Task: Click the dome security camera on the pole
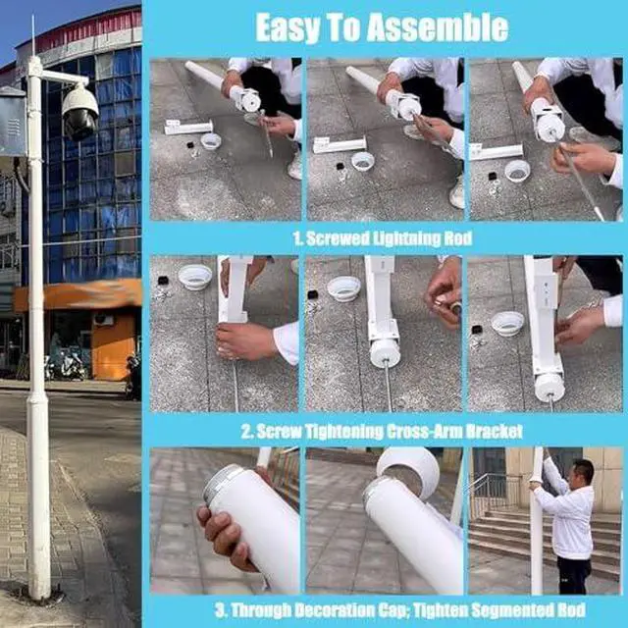tap(80, 111)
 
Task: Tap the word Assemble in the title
tap(438, 28)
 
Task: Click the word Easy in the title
tap(288, 28)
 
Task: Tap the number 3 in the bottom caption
tap(220, 610)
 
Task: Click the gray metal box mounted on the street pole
tap(12, 121)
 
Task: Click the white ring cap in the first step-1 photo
tap(211, 141)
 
